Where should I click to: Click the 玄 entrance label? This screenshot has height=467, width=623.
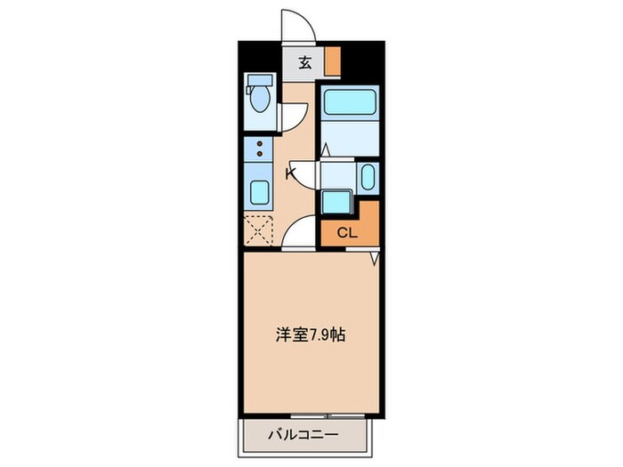pyautogui.click(x=304, y=62)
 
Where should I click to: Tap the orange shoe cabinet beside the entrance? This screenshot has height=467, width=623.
pyautogui.click(x=332, y=62)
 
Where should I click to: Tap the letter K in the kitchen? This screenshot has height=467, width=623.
pyautogui.click(x=289, y=173)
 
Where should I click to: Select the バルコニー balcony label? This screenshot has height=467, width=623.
pyautogui.click(x=305, y=436)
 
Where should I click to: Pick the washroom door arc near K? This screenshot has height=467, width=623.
pyautogui.click(x=306, y=175)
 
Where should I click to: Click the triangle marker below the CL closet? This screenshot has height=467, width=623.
pyautogui.click(x=375, y=257)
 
